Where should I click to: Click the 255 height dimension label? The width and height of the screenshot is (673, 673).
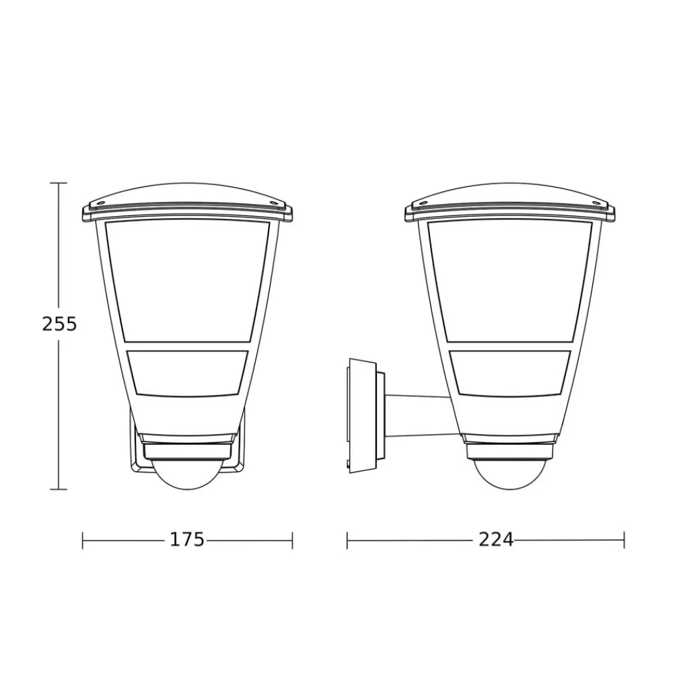pos(59,324)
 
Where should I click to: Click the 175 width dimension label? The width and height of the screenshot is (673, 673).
pos(188,540)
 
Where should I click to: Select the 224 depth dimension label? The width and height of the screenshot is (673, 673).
pos(496,540)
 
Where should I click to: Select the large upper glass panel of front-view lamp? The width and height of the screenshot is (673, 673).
pos(187,281)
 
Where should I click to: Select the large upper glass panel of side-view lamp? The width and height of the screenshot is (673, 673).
pos(510,281)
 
